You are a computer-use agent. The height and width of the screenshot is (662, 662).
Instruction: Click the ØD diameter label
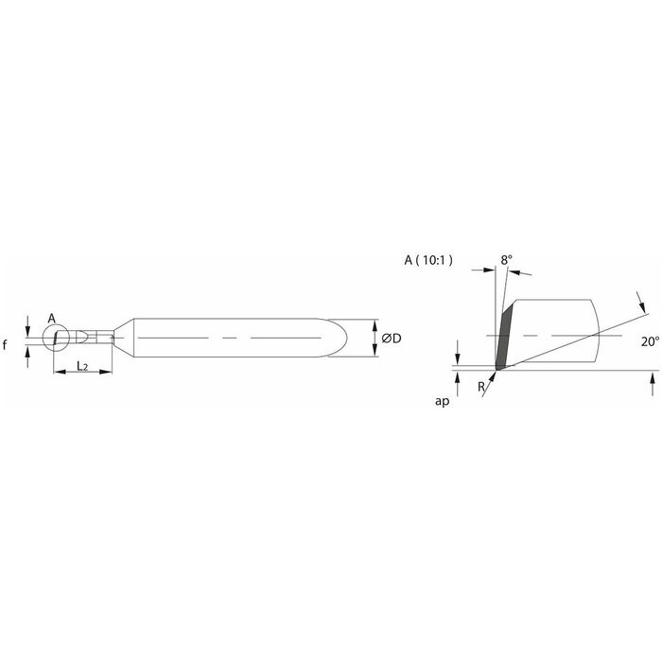click(x=391, y=339)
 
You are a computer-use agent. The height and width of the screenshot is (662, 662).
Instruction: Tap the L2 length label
click(x=82, y=366)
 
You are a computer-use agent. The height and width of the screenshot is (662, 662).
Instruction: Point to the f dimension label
click(x=5, y=345)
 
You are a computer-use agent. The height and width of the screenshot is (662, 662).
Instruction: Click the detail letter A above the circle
click(x=51, y=319)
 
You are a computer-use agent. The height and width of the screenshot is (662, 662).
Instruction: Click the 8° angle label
click(x=507, y=260)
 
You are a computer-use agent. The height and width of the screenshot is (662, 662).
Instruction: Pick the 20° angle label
click(x=650, y=341)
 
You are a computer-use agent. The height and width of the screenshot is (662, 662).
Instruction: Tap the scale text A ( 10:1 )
click(x=428, y=260)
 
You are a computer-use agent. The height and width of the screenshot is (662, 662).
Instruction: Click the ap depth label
click(x=442, y=401)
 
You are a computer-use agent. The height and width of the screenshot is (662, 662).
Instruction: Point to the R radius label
click(x=480, y=386)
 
